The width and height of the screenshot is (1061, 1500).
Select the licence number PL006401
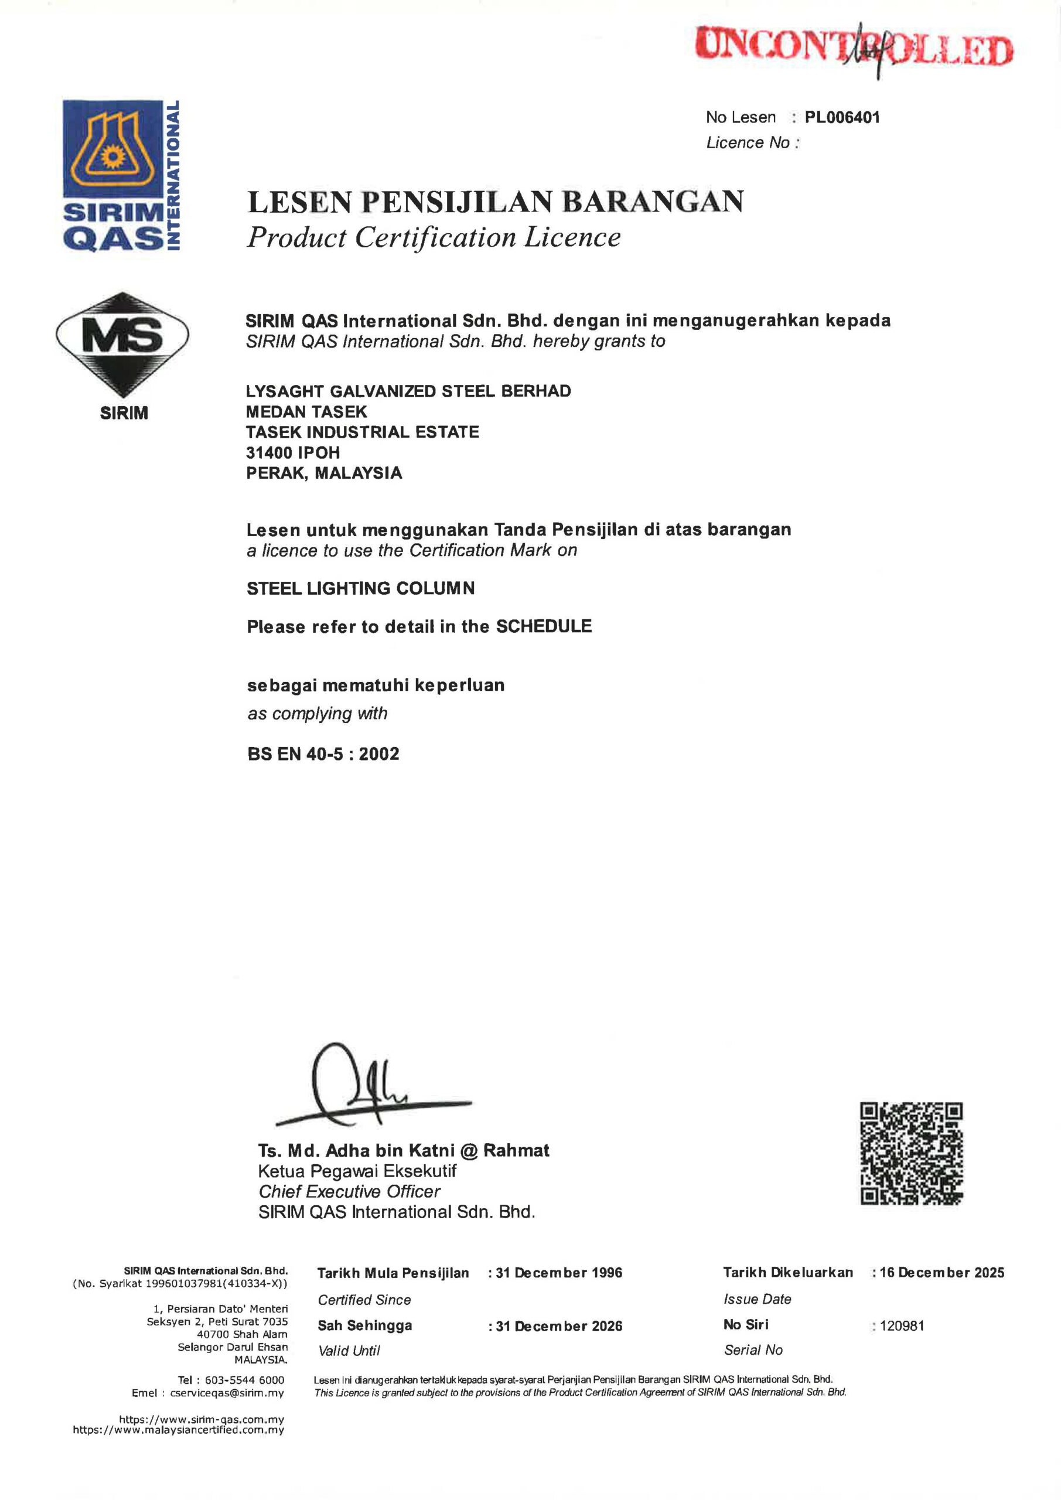[x=842, y=118]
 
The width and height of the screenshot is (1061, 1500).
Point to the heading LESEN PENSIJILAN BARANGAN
[x=495, y=202]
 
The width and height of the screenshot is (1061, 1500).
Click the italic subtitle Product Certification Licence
[x=434, y=237]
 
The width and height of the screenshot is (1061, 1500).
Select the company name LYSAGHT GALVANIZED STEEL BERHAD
[x=408, y=391]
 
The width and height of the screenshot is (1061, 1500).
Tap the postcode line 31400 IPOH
[x=293, y=453]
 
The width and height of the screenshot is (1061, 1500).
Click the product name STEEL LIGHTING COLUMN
[x=361, y=589]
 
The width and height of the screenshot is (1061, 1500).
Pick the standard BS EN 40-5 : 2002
[x=323, y=754]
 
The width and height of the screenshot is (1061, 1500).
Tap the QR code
[x=912, y=1154]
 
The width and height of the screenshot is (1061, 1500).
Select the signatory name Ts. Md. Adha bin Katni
[x=403, y=1150]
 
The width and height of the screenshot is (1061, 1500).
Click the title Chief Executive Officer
[x=350, y=1192]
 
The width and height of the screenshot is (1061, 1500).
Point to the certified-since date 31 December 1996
[x=558, y=1273]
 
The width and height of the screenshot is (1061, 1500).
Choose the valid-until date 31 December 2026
[x=558, y=1326]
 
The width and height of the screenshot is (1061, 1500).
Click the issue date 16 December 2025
[x=941, y=1273]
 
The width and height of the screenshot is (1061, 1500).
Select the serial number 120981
[x=902, y=1326]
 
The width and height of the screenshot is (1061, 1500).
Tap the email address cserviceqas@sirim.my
[x=227, y=1393]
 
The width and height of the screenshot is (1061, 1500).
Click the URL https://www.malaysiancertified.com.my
[x=178, y=1430]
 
